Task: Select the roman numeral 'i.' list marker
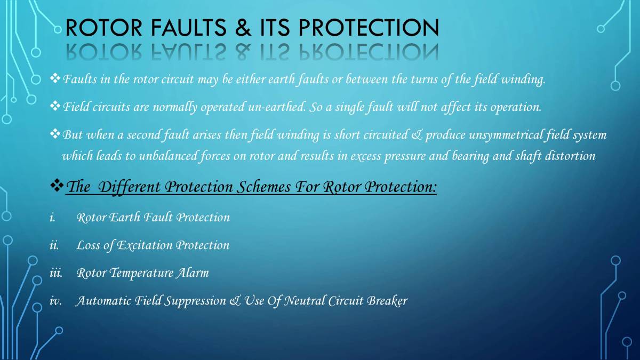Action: pos(52,218)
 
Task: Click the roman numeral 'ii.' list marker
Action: pos(53,245)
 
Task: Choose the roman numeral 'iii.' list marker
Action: pos(55,273)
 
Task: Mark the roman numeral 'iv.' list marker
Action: pos(55,301)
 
